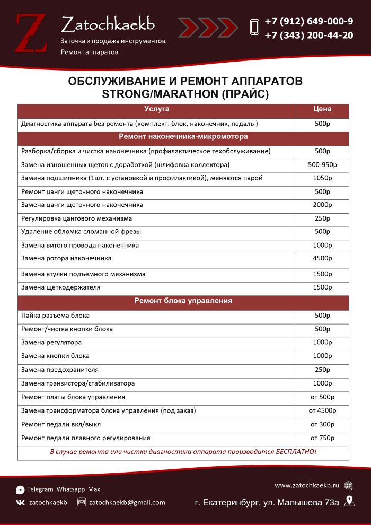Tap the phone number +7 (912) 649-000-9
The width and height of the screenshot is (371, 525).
tap(308, 22)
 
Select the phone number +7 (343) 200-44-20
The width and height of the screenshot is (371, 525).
tap(308, 36)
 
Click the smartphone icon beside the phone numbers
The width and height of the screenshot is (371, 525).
tap(254, 28)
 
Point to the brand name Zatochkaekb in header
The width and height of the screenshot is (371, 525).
tap(108, 24)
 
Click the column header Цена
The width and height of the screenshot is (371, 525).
tap(322, 109)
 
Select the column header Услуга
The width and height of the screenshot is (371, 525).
tap(156, 109)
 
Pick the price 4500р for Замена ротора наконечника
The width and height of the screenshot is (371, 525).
tap(322, 259)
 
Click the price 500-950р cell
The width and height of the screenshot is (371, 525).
tap(322, 164)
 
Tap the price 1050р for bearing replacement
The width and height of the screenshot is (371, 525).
tap(322, 178)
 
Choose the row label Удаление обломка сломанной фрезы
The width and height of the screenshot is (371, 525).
tap(81, 232)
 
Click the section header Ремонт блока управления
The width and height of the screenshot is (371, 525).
tap(183, 301)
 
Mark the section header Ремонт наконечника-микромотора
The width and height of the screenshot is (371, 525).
tap(183, 137)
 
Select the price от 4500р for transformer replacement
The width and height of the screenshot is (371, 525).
tap(322, 411)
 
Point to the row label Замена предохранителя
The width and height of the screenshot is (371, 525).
tap(60, 370)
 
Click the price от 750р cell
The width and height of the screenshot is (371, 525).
tap(322, 438)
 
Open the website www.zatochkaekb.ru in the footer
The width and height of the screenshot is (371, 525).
tap(306, 485)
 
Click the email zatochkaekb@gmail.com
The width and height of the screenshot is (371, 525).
tap(127, 502)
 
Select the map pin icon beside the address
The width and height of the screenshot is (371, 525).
tap(349, 501)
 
